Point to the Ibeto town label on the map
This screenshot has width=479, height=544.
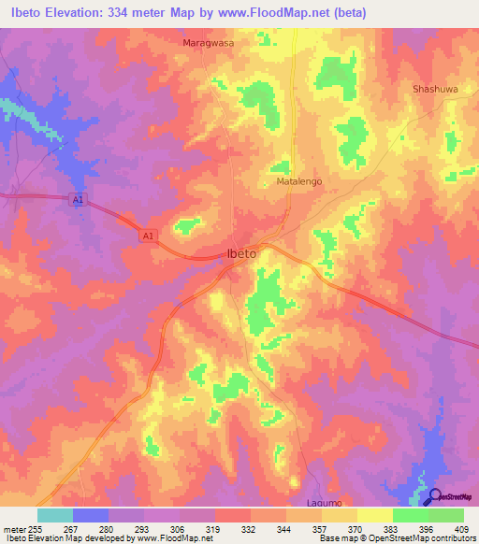[x=242, y=253]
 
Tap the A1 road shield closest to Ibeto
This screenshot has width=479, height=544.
[x=148, y=236]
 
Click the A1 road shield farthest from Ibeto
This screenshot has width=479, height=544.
[x=76, y=198]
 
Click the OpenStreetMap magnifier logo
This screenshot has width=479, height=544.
[x=434, y=496]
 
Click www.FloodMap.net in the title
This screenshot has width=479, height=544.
[x=288, y=13]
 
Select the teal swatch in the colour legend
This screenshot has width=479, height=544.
[x=55, y=514]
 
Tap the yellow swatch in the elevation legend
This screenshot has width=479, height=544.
[x=375, y=514]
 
